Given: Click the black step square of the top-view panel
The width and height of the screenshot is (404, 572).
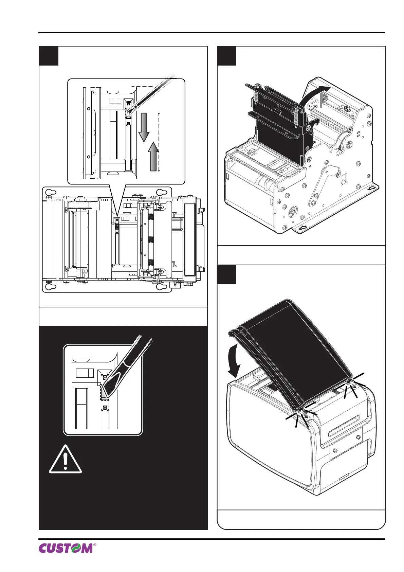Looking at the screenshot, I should click(49, 56).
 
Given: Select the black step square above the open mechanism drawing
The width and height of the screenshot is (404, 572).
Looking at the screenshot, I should click(227, 56).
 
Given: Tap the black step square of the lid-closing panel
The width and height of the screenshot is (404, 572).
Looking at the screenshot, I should click(227, 274).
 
